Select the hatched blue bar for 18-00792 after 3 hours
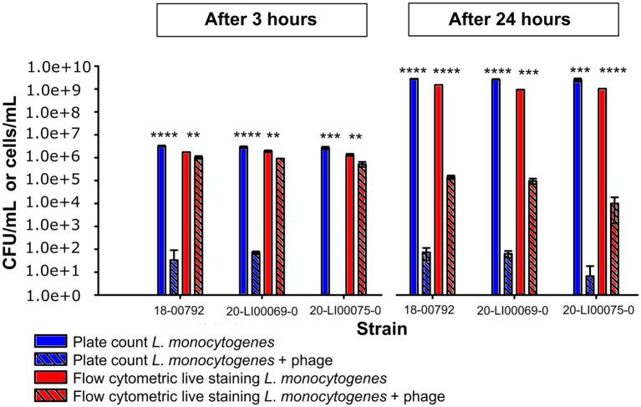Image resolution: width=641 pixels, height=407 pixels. pos(174,277)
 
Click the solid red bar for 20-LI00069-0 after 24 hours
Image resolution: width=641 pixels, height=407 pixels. pos(520,191)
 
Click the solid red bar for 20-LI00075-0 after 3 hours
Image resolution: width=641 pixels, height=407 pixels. pos(350,225)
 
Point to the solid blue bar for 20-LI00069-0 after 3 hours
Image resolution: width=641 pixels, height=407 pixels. pos(243,221)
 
